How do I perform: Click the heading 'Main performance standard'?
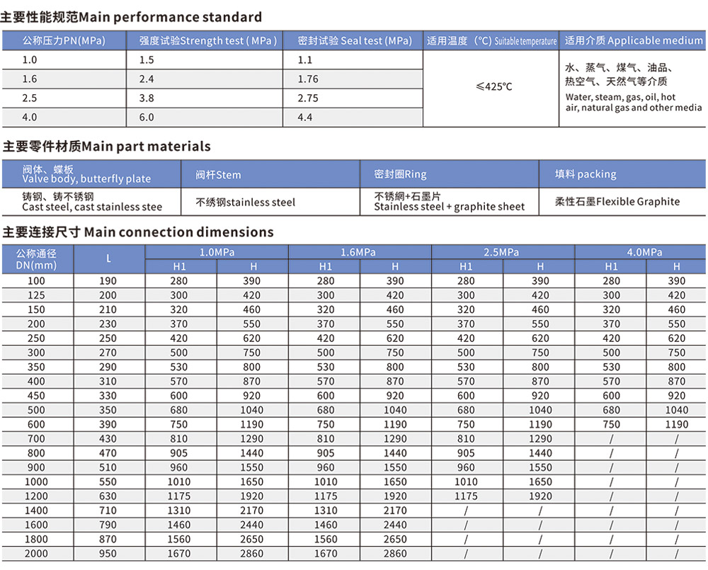[132, 17]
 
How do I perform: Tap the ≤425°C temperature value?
[493, 87]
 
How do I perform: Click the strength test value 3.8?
[147, 98]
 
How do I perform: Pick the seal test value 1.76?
[308, 79]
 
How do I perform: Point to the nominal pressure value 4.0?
[30, 118]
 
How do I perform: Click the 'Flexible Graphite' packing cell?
[618, 202]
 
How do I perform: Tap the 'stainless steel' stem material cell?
[246, 203]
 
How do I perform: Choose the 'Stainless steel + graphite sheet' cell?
[449, 202]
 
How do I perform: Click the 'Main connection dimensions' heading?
[138, 232]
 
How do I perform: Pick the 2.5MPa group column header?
[501, 252]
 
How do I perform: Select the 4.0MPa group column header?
[644, 252]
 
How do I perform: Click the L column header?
[108, 259]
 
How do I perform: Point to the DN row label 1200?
[36, 496]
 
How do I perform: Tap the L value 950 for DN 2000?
[108, 554]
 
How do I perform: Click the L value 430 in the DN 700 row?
[108, 439]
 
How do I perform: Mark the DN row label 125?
[36, 295]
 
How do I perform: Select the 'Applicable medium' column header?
[634, 41]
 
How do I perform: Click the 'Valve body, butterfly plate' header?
[86, 174]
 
